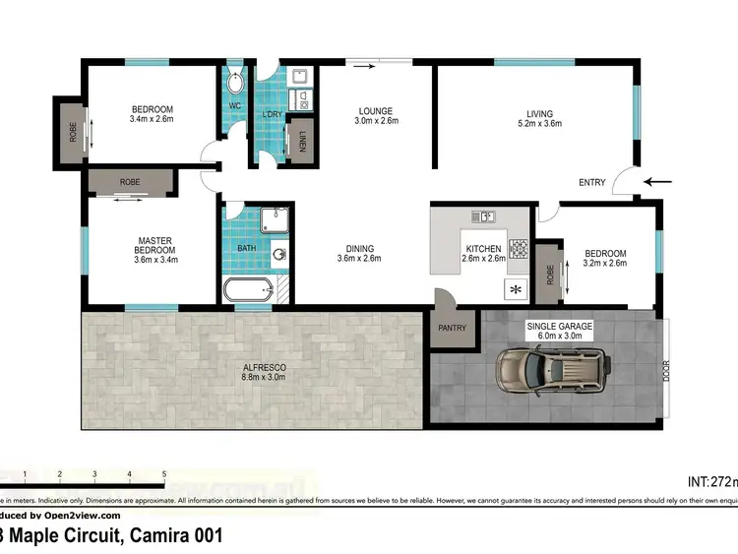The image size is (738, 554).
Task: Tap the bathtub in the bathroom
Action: coord(249,290)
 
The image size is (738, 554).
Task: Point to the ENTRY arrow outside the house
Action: coord(658,181)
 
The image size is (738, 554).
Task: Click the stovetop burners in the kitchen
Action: coord(518,249)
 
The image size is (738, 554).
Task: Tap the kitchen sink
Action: coord(483,216)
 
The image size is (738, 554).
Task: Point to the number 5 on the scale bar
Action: coord(164,474)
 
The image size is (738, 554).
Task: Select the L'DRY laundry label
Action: coord(272,115)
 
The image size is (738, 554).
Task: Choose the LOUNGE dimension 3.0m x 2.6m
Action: coord(375,121)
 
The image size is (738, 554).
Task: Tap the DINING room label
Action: coord(358,248)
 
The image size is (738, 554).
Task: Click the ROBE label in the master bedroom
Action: coord(130,182)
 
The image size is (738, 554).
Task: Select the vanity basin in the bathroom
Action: coord(280,253)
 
